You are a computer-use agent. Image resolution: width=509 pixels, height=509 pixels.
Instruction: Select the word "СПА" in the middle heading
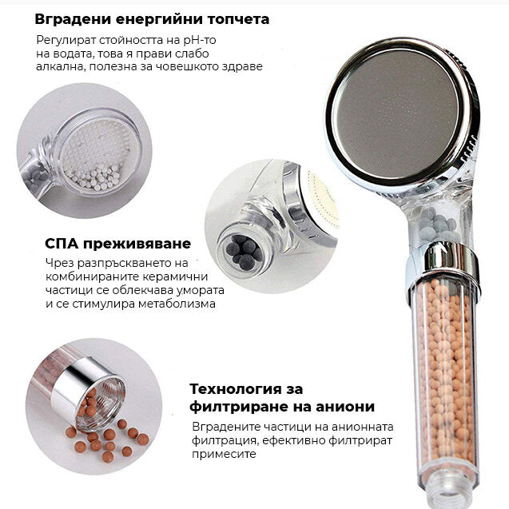click(62, 243)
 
